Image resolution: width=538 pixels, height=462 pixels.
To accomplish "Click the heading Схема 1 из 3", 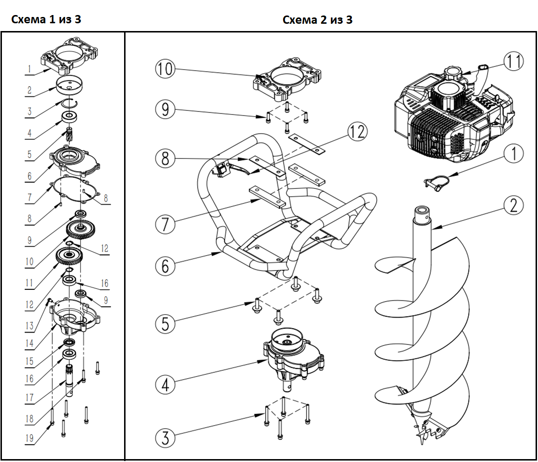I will tap(46, 20).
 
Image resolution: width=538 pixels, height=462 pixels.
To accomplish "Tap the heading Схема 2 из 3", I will tap(317, 20).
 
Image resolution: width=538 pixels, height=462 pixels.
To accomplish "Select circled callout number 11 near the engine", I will tap(513, 61).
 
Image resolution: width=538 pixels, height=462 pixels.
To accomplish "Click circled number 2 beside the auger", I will tap(513, 206).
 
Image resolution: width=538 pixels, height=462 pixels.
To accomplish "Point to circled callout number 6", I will tap(165, 266).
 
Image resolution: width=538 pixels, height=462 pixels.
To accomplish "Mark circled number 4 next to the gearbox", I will tap(165, 384).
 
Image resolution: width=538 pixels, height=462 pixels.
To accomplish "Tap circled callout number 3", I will tap(165, 438).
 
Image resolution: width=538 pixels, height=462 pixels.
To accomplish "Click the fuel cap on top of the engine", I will tap(454, 74).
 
